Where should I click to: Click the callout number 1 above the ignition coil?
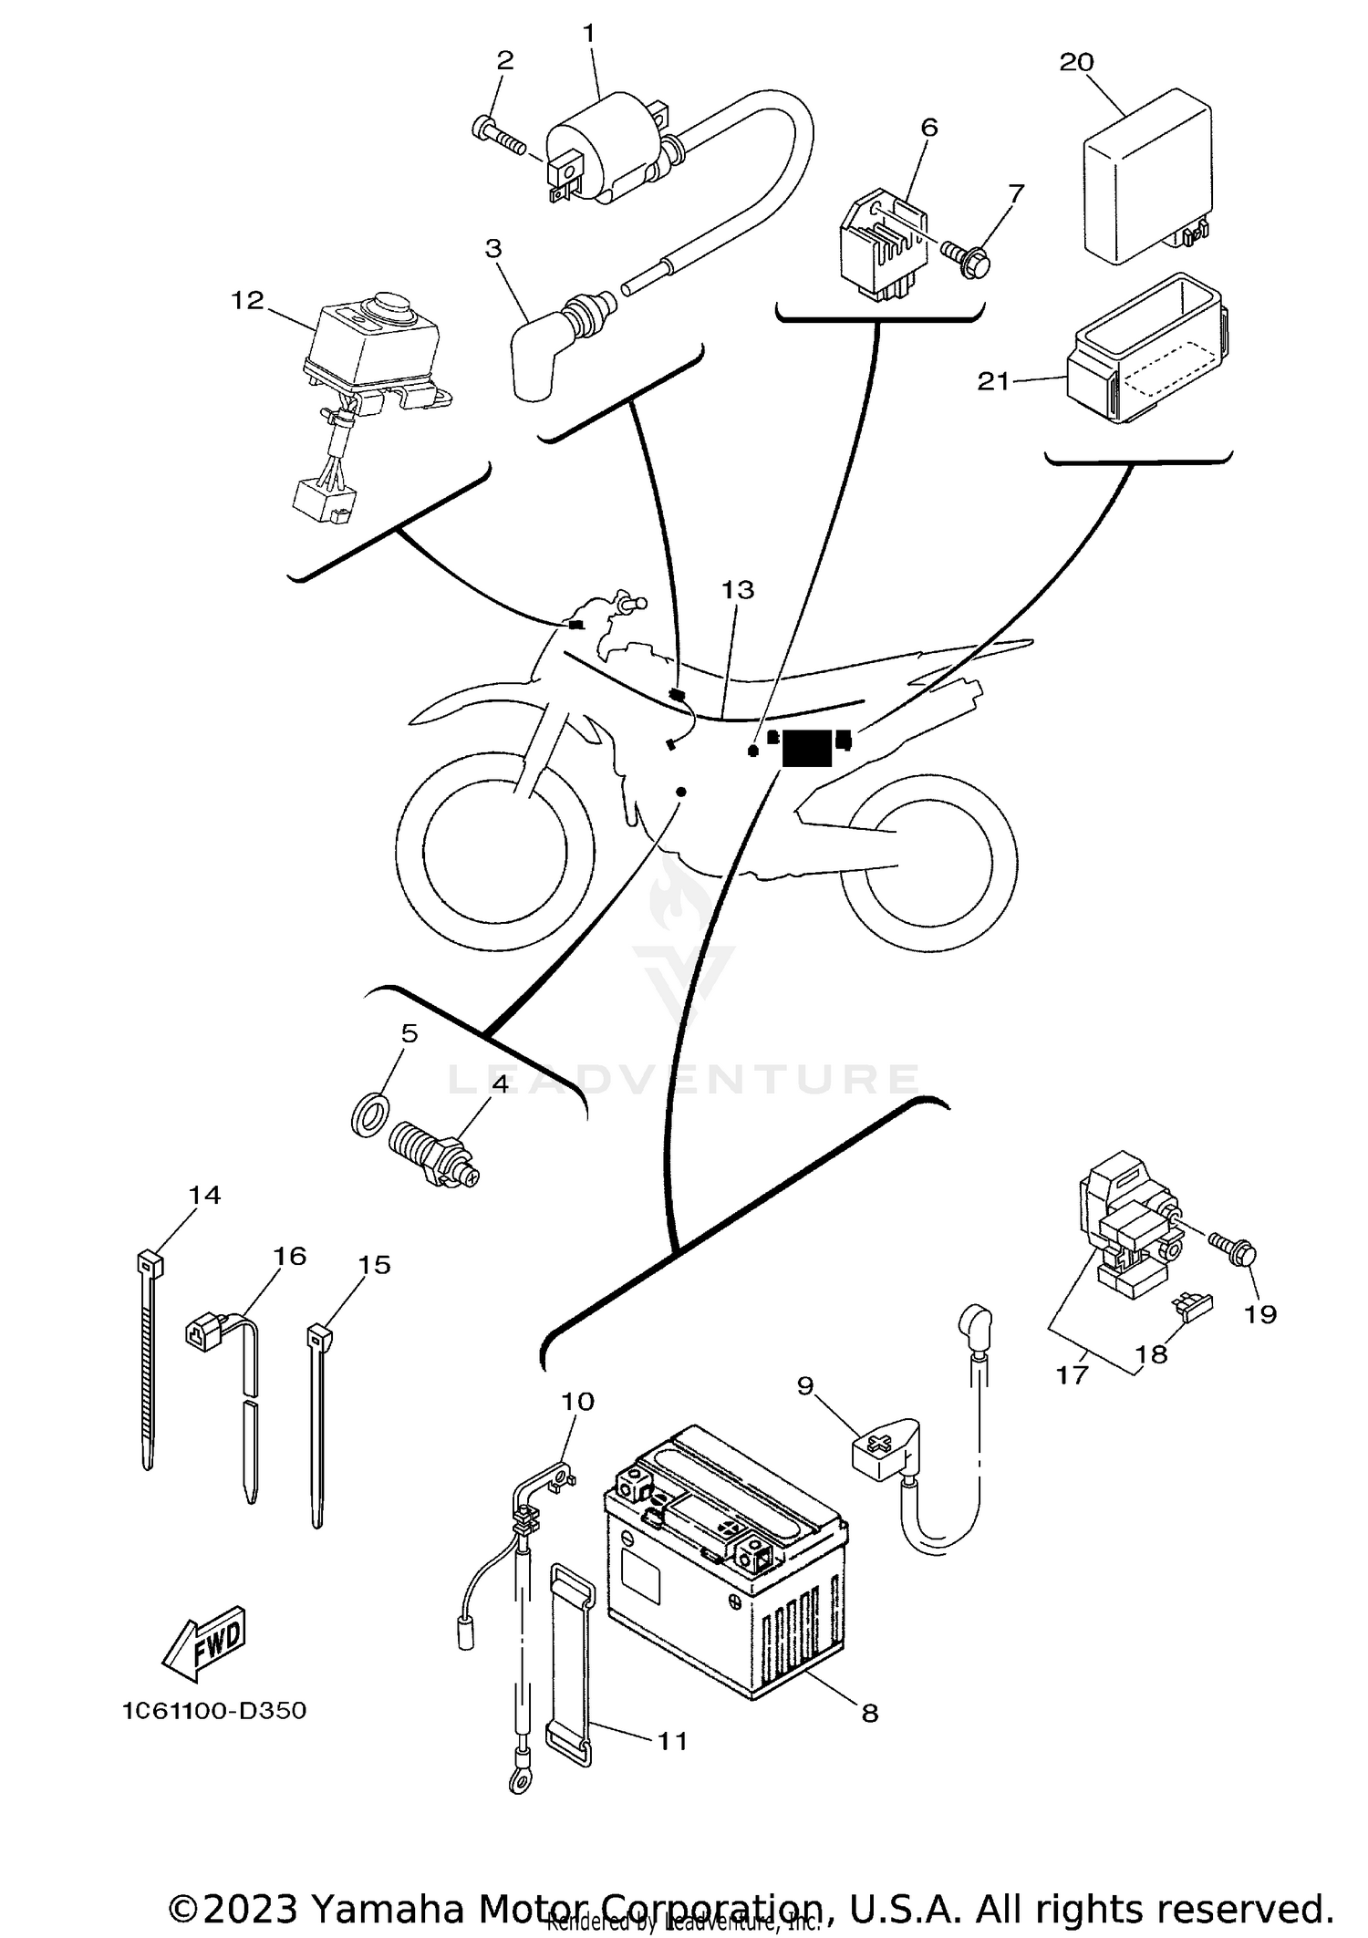click(588, 34)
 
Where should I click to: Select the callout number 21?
click(993, 380)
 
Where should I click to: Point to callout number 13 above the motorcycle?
click(738, 590)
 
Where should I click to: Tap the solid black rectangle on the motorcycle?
click(807, 748)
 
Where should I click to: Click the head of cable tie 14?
click(150, 1264)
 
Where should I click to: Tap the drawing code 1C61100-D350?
click(214, 1710)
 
